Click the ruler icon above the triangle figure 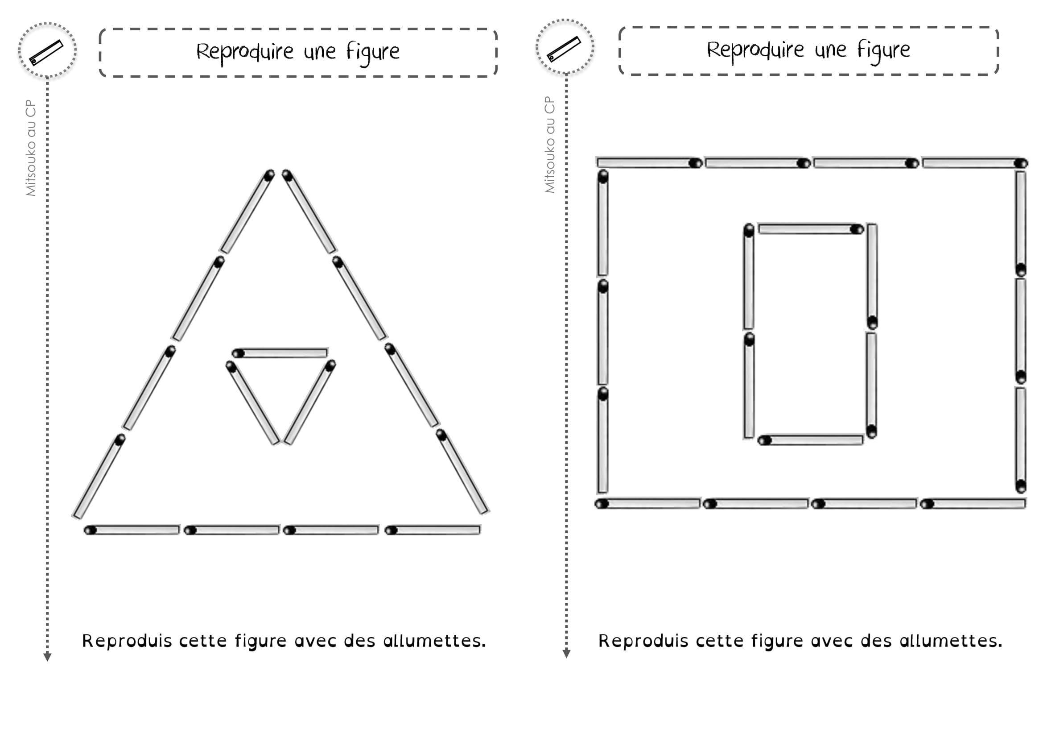tap(46, 52)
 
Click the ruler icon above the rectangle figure tap(564, 49)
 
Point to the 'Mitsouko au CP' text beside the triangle tap(31, 148)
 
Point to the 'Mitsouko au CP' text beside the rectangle tap(550, 145)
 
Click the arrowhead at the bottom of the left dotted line tap(47, 657)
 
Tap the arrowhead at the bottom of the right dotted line tap(566, 654)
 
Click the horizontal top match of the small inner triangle tap(280, 353)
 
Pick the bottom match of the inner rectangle tap(810, 440)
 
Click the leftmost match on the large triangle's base tap(132, 530)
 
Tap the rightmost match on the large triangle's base tap(433, 530)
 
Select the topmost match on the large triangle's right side tap(310, 211)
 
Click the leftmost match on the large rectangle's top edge tap(650, 163)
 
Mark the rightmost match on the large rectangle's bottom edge tap(973, 503)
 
